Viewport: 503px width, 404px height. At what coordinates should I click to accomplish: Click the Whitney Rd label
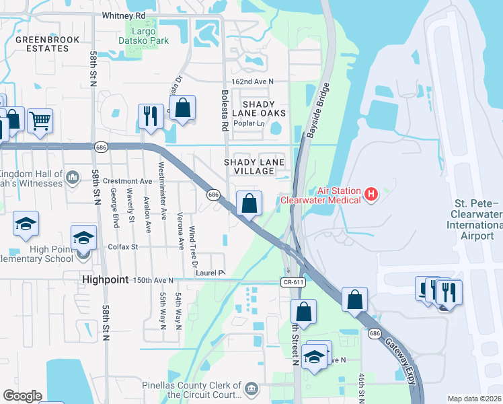[x=124, y=15]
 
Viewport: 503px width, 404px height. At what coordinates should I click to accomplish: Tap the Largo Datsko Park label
[x=141, y=37]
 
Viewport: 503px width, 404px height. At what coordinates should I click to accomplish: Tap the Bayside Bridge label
[x=319, y=111]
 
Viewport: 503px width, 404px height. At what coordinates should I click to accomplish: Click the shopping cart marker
[x=40, y=121]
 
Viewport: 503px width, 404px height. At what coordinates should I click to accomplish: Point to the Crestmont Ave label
[x=132, y=181]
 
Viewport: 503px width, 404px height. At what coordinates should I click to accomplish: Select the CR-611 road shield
[x=291, y=283]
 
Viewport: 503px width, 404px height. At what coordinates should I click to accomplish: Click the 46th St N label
[x=361, y=384]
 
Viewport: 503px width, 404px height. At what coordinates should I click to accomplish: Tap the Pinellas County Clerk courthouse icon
[x=251, y=388]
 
